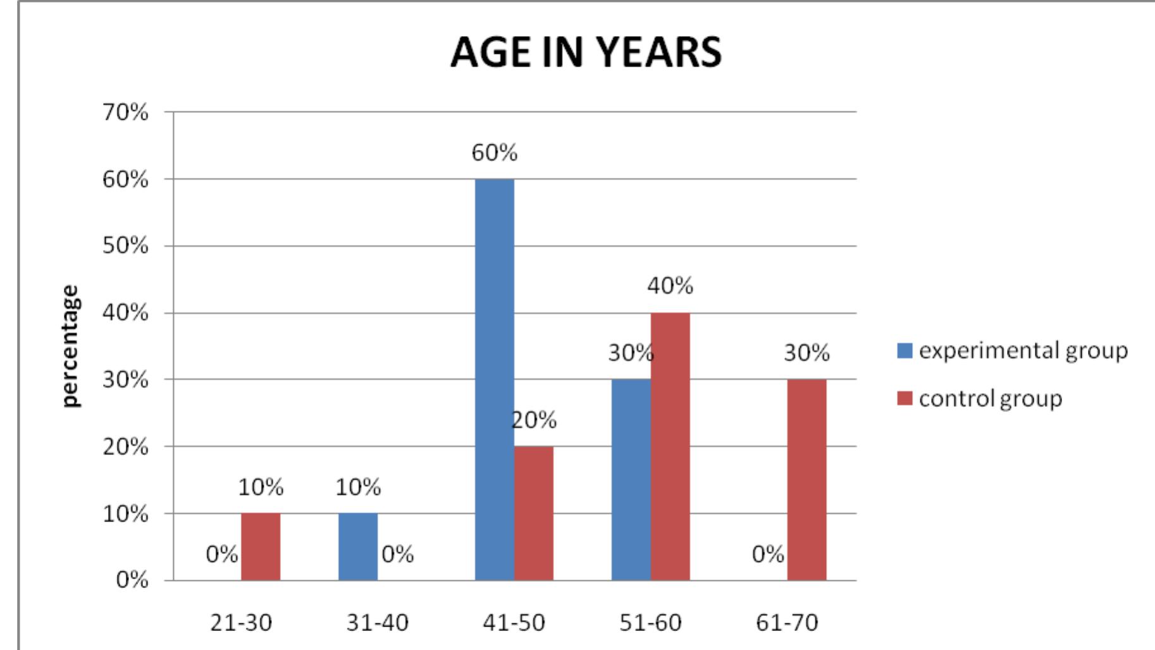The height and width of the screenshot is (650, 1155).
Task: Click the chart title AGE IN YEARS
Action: tap(586, 52)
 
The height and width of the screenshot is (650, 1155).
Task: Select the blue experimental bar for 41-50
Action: tap(494, 380)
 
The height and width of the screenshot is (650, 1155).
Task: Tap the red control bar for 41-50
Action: tap(533, 513)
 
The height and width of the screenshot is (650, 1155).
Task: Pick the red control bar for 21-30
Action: tap(260, 547)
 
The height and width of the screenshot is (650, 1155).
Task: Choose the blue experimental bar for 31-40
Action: tap(358, 547)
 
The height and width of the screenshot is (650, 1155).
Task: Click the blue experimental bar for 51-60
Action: tap(631, 480)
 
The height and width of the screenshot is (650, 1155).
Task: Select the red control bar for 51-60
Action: tap(670, 446)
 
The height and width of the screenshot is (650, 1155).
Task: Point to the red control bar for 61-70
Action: tap(806, 480)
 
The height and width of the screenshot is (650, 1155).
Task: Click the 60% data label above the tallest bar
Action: tap(494, 153)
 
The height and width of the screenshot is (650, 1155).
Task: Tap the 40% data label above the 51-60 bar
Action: tap(670, 286)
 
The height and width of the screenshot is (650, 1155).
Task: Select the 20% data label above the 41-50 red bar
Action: tap(534, 420)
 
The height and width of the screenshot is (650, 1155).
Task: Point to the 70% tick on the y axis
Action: tap(125, 113)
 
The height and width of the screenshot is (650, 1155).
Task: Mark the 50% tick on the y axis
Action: tap(125, 246)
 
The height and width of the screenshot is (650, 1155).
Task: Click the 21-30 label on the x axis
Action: tap(241, 623)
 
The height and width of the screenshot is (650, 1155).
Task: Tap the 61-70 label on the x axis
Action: tap(787, 623)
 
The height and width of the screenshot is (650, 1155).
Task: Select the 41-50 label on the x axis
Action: tap(514, 623)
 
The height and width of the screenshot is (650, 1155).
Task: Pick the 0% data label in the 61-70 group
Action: tap(767, 554)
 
